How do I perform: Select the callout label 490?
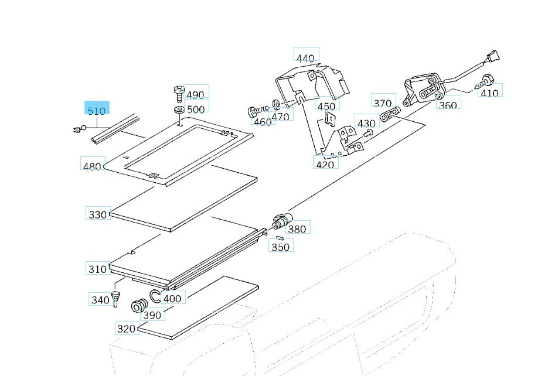click(196, 94)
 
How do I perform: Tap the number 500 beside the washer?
click(196, 108)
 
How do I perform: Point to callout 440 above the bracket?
click(305, 58)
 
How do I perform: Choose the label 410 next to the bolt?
click(489, 93)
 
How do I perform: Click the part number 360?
click(447, 105)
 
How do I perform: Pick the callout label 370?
click(383, 103)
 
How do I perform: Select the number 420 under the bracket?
click(325, 164)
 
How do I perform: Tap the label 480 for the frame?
click(92, 166)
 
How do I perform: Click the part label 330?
click(97, 214)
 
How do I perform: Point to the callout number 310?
click(97, 269)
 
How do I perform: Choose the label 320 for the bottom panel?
click(126, 329)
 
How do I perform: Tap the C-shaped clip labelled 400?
click(155, 296)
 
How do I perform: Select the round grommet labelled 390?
click(139, 305)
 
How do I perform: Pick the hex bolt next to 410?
click(486, 80)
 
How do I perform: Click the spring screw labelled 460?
click(257, 111)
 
